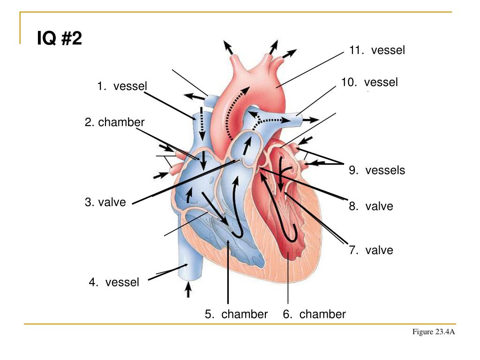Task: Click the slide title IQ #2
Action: point(60,39)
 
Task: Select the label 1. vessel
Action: point(122,86)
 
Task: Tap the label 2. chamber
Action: point(115,122)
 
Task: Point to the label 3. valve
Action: point(105,202)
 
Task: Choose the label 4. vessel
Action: point(114,282)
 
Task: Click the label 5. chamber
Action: point(236,314)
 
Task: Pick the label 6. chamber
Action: point(314,314)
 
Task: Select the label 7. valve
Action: point(371,250)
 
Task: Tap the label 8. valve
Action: point(371,206)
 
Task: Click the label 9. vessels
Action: point(377,170)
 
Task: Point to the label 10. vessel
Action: point(369,82)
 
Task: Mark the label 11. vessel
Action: point(377,50)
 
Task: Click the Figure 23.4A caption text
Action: point(434,332)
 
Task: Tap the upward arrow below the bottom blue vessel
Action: point(188,289)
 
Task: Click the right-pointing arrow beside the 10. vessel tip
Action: point(310,120)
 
